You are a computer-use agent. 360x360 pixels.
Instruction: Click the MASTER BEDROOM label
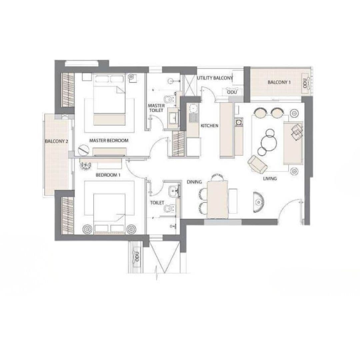coord(109,141)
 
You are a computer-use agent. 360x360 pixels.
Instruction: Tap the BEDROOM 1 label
coord(108,175)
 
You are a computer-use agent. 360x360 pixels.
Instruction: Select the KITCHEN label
coord(209,126)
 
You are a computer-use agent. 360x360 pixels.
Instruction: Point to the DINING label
coord(194,182)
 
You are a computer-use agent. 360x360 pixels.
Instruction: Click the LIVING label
coord(270,179)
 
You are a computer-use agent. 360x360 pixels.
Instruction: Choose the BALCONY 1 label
coord(279,82)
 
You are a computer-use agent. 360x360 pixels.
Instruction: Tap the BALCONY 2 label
coord(56,141)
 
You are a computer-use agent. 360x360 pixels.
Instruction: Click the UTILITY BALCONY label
coord(215,78)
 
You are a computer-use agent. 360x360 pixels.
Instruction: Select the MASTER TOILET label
coord(156,108)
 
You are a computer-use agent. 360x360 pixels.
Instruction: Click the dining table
coord(217,199)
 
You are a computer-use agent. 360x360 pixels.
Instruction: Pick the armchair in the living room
coord(257,164)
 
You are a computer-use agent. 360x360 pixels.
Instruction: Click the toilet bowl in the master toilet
coord(169,99)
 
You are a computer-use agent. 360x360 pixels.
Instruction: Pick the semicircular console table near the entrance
coord(258,202)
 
